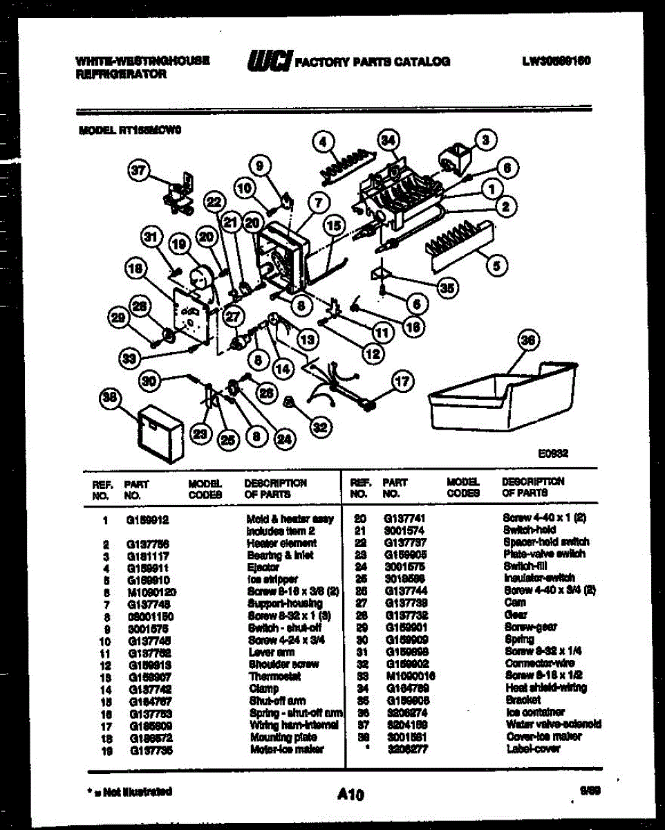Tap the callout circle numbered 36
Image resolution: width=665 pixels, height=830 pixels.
(x=529, y=340)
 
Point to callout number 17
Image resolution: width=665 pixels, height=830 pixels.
(x=402, y=380)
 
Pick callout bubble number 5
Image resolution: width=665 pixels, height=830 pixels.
(x=496, y=264)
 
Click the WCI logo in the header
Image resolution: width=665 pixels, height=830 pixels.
(x=269, y=61)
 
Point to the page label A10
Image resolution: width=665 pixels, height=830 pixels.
(x=350, y=795)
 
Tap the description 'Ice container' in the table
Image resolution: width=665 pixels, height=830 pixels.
(x=535, y=712)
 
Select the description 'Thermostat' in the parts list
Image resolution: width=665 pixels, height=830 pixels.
(x=274, y=676)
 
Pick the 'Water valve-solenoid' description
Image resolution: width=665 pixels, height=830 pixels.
(x=553, y=724)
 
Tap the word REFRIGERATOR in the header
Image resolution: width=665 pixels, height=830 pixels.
(x=121, y=74)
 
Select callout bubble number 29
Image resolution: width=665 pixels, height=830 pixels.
(x=120, y=317)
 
